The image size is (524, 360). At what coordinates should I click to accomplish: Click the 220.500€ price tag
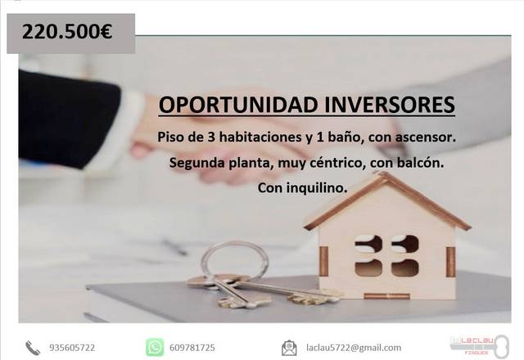point(67,34)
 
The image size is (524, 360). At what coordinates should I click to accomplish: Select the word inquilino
point(314,187)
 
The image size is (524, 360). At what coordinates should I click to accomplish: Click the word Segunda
point(196,163)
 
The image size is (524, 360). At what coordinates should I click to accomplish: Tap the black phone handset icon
point(33,348)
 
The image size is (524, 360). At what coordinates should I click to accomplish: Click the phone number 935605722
point(72,348)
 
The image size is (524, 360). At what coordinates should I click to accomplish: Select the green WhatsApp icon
point(155,348)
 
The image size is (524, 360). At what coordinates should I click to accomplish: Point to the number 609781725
point(193,348)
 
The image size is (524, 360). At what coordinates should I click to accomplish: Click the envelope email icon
point(289,348)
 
